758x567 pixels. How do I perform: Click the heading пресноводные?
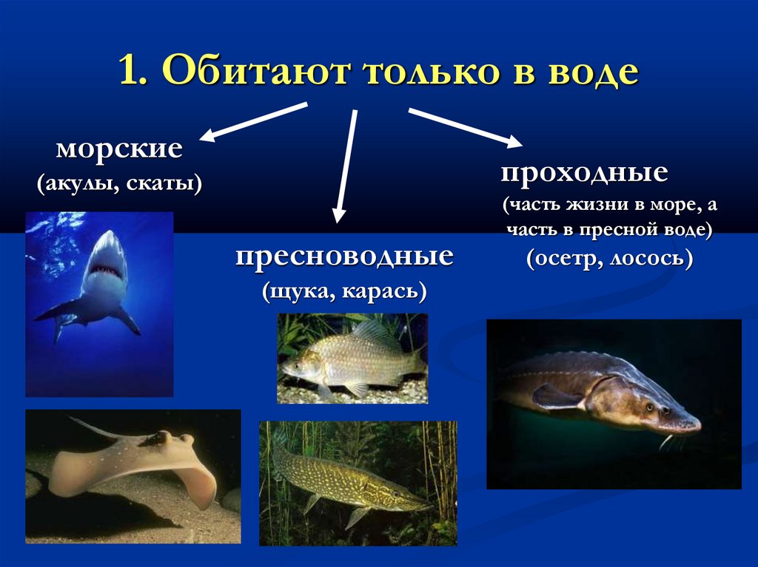[344, 257]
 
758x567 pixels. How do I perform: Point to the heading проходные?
[584, 174]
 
